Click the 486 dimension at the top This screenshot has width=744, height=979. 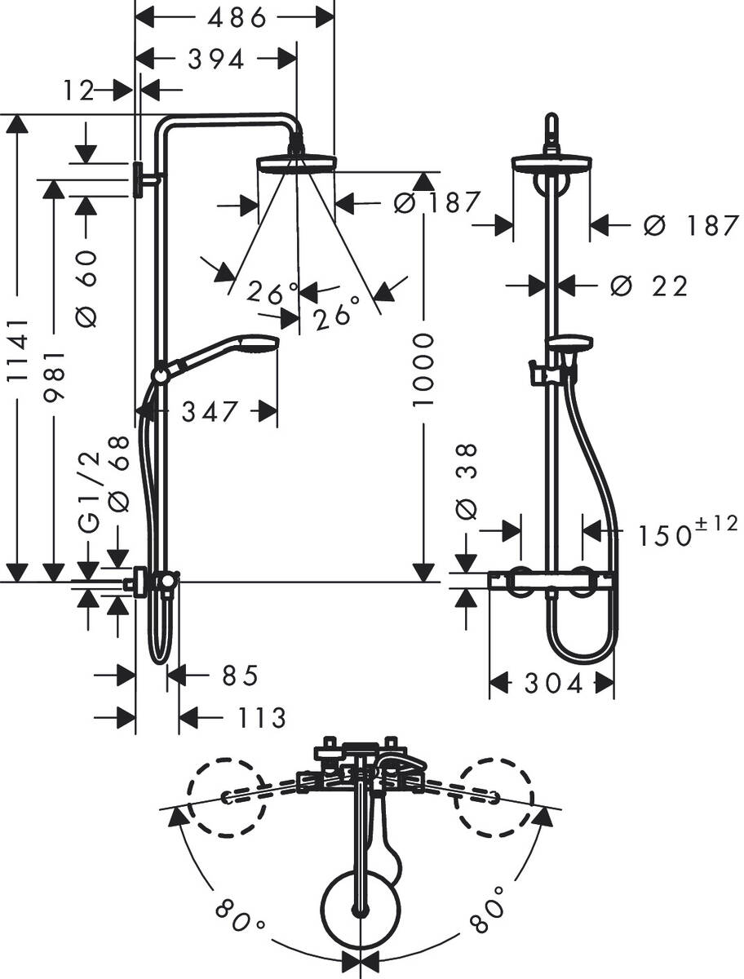[x=235, y=16]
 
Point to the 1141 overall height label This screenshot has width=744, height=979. [x=18, y=349]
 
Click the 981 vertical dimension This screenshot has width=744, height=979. [x=54, y=380]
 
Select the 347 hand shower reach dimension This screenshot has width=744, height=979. [x=210, y=412]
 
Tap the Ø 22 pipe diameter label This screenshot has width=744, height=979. [x=649, y=286]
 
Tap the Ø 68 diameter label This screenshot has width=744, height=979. [x=119, y=473]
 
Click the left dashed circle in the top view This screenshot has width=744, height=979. [x=228, y=797]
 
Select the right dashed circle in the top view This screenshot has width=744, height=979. [x=496, y=797]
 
